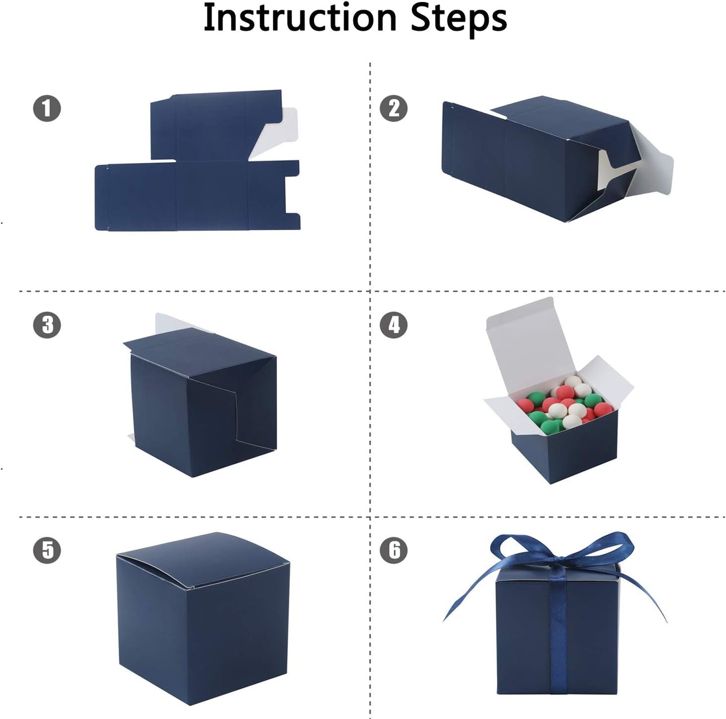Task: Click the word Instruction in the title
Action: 300,18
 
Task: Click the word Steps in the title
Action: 458,18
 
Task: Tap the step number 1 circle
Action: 47,109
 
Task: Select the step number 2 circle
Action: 393,109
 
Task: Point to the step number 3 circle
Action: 47,325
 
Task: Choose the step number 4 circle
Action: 393,325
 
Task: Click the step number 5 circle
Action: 47,550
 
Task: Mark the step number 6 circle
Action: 393,550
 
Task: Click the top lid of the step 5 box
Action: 201,557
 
